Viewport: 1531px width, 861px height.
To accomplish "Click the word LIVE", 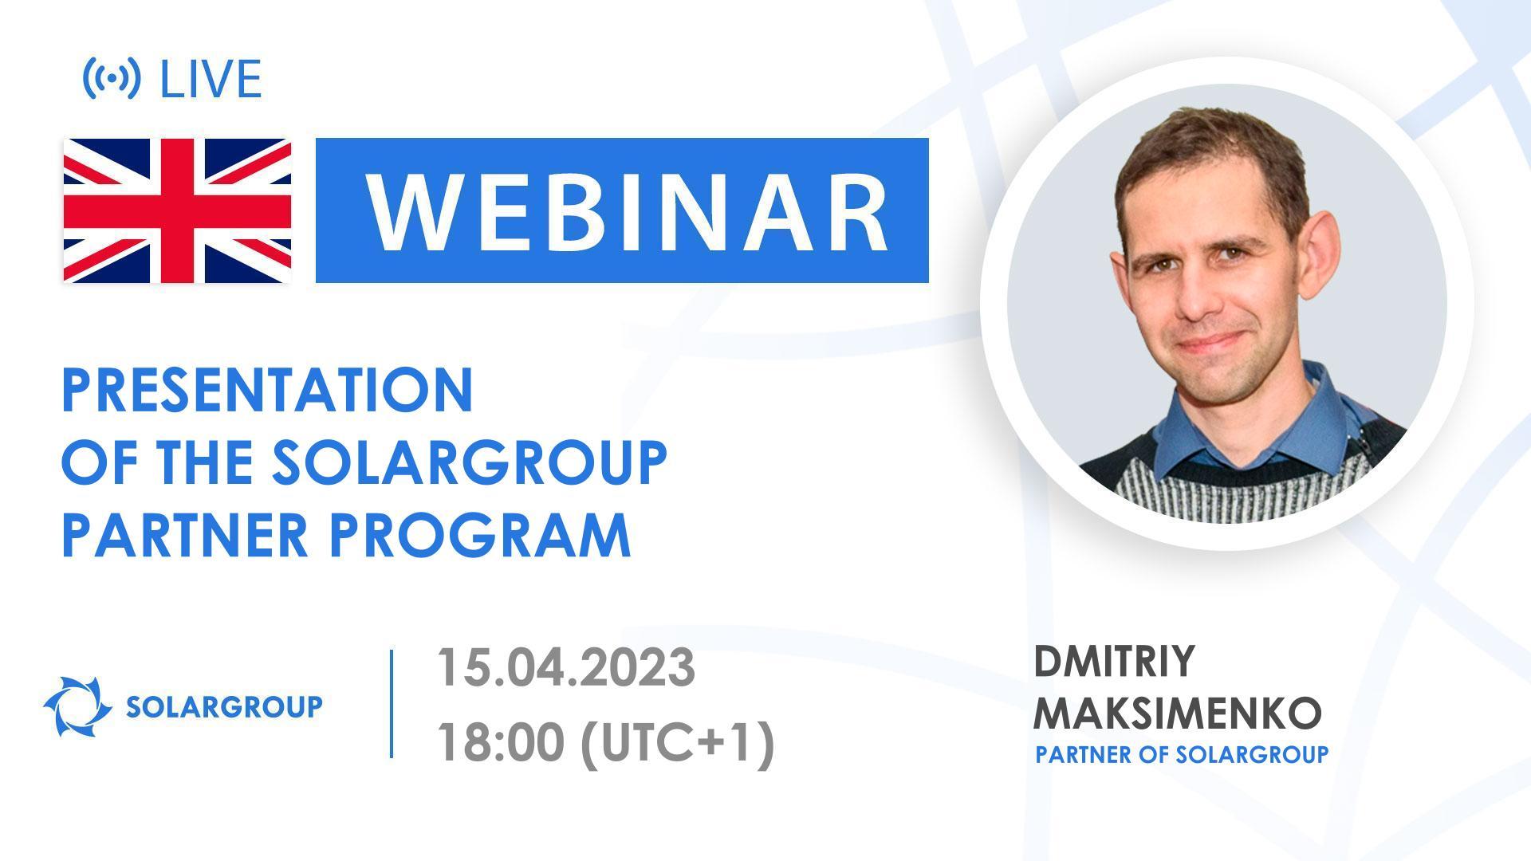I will tap(211, 79).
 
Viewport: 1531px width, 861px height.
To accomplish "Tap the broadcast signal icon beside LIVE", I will tap(112, 78).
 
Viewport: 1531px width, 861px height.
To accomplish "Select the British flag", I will tap(177, 210).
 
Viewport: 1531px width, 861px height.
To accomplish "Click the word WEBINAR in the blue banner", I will tap(627, 211).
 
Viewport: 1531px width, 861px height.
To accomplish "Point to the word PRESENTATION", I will tap(268, 391).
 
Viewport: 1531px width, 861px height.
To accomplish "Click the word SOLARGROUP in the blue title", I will tap(469, 462).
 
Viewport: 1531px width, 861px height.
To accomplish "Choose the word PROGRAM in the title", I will tap(480, 535).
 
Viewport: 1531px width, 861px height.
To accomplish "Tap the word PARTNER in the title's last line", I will tap(185, 535).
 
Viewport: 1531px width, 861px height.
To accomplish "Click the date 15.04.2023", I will tap(565, 667).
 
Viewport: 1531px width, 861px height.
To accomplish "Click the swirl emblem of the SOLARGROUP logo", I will tap(77, 706).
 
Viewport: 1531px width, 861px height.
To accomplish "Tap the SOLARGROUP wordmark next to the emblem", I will tap(224, 706).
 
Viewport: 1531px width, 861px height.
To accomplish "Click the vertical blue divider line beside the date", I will tap(392, 703).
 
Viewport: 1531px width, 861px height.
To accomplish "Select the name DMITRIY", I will tap(1114, 662).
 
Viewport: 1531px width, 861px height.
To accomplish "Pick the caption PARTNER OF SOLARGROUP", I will tap(1182, 754).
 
